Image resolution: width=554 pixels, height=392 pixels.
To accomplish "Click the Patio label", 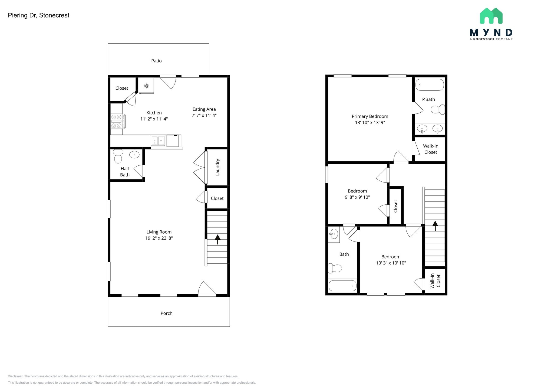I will (156, 61).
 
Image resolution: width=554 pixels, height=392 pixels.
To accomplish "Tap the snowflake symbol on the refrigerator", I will (146, 86).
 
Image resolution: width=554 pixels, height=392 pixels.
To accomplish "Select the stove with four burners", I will (118, 121).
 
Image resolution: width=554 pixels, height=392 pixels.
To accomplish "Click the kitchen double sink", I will (158, 141).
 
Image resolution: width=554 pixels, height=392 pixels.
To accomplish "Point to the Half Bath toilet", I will (118, 156).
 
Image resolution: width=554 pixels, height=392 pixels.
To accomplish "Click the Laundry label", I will (217, 167).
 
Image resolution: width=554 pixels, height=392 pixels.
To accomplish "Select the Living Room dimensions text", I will (159, 238).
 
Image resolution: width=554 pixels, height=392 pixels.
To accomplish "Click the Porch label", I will (166, 313).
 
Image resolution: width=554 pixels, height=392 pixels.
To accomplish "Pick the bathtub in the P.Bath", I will (430, 85).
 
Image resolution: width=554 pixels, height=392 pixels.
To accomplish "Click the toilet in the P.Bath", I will (437, 110).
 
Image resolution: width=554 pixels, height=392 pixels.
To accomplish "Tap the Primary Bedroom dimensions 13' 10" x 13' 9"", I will (370, 123).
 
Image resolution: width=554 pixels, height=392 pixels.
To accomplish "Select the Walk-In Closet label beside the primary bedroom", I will (431, 149).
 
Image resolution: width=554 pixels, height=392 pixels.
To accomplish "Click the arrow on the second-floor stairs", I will (435, 226).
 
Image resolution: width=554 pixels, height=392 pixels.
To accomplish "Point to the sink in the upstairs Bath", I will (334, 234).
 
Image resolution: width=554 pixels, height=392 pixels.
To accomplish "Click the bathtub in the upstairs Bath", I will (342, 286).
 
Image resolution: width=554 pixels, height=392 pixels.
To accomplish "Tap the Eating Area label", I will (204, 109).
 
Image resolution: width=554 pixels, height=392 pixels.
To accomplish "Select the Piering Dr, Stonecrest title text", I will (39, 15).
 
